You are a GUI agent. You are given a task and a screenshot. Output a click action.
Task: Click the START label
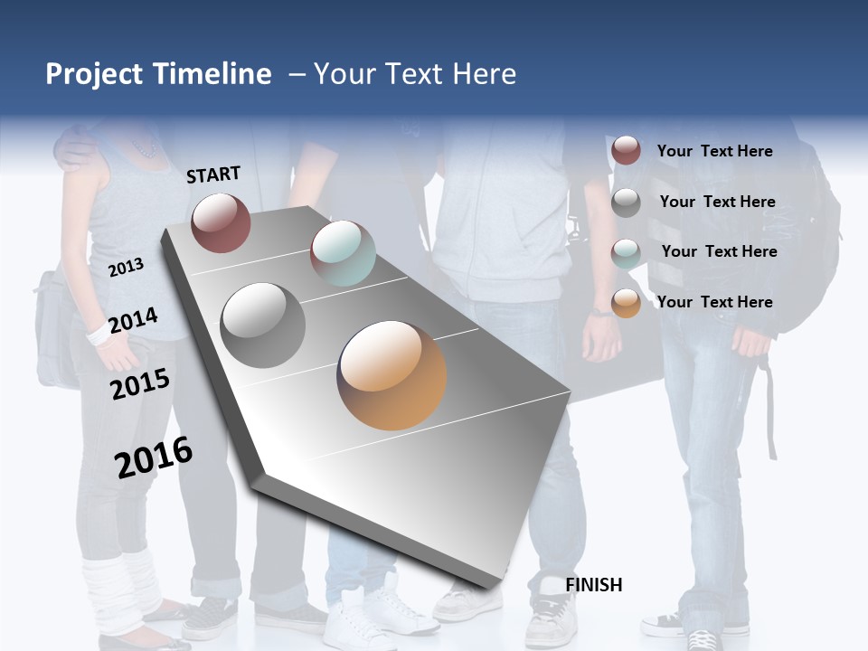coord(213,174)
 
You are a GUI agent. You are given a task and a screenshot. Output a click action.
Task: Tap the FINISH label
coord(593,585)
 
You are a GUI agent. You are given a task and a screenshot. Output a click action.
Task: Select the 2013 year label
coord(126,267)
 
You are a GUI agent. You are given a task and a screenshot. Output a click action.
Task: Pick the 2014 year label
coord(133,320)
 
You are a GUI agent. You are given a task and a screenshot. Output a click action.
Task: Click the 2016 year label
coord(154,457)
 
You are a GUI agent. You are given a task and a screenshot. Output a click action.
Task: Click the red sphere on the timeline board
coord(221,222)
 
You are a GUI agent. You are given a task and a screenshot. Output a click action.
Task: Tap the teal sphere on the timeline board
coord(343,253)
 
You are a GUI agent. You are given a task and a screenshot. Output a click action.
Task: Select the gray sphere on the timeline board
coord(262,325)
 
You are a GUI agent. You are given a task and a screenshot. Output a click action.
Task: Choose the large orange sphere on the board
coord(392,375)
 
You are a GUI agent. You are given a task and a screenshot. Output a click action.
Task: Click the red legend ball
coord(626,151)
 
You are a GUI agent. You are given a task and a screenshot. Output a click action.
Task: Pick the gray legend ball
coord(626,203)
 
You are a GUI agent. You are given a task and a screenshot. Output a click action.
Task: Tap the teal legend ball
coord(626,253)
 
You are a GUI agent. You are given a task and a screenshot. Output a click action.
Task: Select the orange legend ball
coord(626,303)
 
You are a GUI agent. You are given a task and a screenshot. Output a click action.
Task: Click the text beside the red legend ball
coord(714,151)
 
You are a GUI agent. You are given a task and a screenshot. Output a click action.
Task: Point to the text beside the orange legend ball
coord(714,302)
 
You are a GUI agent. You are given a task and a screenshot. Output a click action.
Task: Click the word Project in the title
coord(93,74)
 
